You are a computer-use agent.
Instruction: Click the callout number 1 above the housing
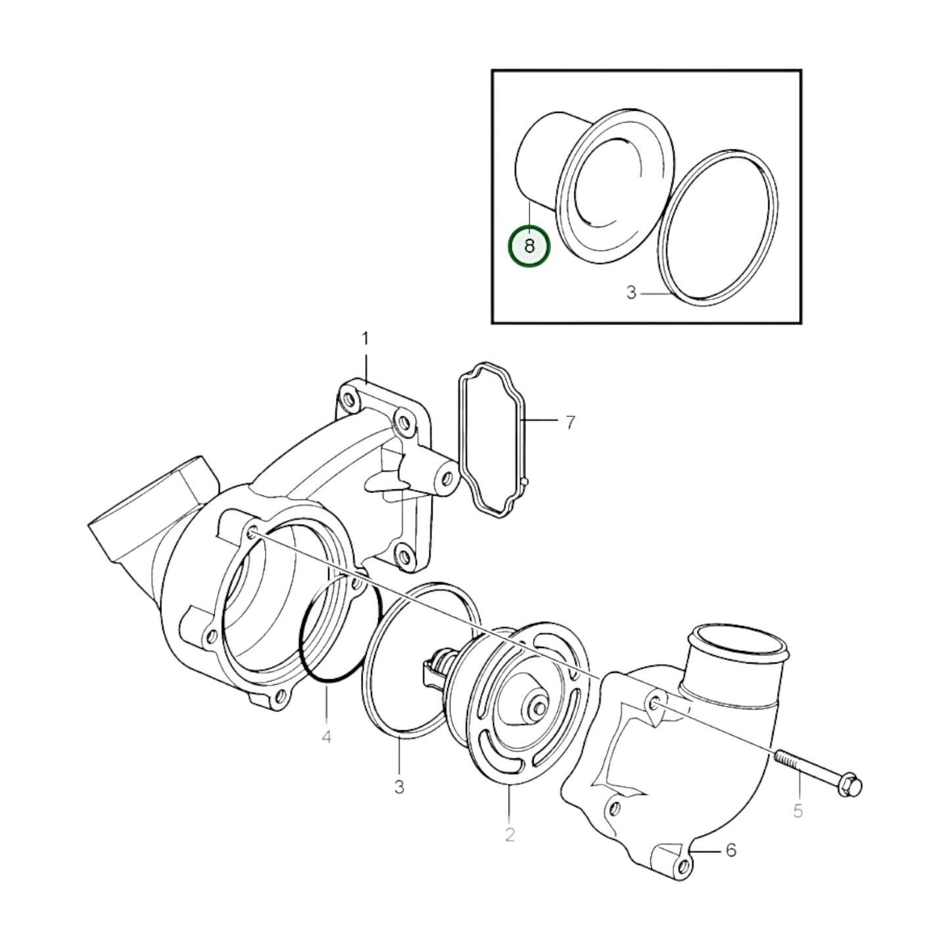click(x=366, y=339)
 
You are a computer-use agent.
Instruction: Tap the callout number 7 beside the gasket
click(x=570, y=422)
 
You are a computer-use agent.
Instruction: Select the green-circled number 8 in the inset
click(x=530, y=246)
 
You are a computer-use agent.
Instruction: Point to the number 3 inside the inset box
click(x=631, y=293)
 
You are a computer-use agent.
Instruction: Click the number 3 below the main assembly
click(x=400, y=786)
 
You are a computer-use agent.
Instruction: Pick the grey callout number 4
click(x=326, y=737)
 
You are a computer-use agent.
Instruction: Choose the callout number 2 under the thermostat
click(x=510, y=834)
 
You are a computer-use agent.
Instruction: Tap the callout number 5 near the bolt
click(x=797, y=811)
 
